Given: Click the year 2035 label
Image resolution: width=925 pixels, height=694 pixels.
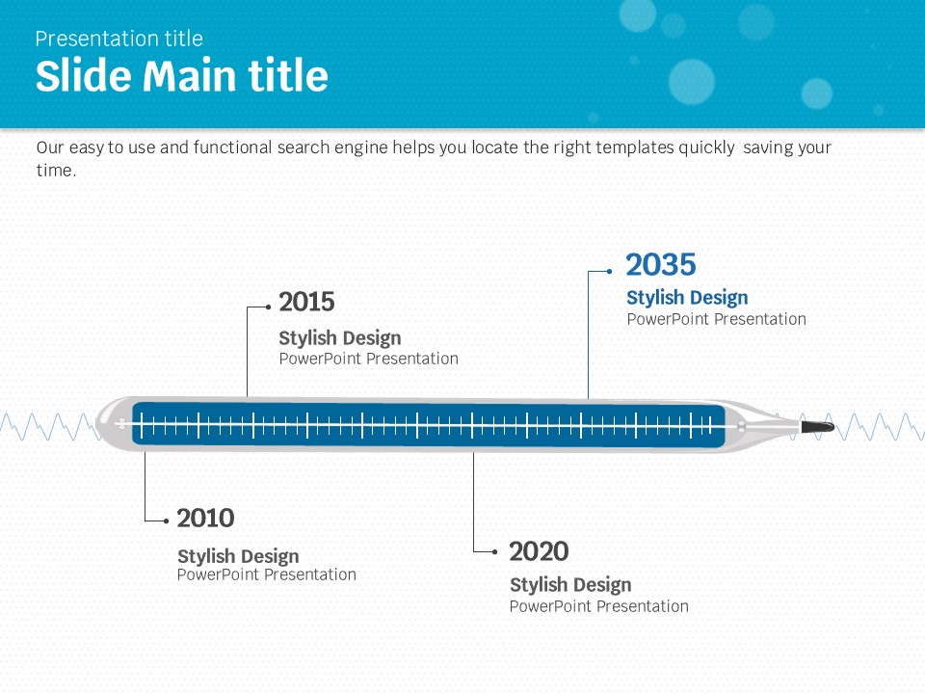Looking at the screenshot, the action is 661,265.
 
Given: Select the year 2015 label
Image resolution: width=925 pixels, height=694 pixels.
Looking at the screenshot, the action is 306,302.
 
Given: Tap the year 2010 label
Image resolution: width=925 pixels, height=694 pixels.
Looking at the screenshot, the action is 206,519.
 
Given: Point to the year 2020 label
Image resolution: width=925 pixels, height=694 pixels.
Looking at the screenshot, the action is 539,551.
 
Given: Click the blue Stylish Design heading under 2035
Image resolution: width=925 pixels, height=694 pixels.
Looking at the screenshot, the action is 687,298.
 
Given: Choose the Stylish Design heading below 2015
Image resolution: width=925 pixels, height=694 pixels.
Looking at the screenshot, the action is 340,338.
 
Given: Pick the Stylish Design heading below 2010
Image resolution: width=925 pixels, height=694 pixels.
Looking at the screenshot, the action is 238,556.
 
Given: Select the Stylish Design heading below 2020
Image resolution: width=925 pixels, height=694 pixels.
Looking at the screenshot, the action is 570,585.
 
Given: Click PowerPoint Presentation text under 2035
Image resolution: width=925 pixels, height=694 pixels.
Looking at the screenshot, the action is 716,319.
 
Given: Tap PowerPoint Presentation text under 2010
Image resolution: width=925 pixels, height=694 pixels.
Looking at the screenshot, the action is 267,574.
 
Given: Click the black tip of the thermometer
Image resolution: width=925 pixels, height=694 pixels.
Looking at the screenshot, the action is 818,427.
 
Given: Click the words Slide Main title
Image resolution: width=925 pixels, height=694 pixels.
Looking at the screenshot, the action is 182,75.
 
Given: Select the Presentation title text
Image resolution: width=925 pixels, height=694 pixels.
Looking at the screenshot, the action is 119,39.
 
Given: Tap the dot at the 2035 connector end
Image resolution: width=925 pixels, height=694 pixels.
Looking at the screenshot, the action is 609,272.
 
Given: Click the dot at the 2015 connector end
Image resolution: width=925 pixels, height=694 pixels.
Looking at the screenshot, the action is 269,307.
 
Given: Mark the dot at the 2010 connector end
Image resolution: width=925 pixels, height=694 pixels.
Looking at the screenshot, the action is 167,521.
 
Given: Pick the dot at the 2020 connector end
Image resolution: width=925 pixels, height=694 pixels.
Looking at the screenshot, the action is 495,552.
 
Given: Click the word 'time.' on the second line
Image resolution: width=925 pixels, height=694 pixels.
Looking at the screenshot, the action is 57,171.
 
